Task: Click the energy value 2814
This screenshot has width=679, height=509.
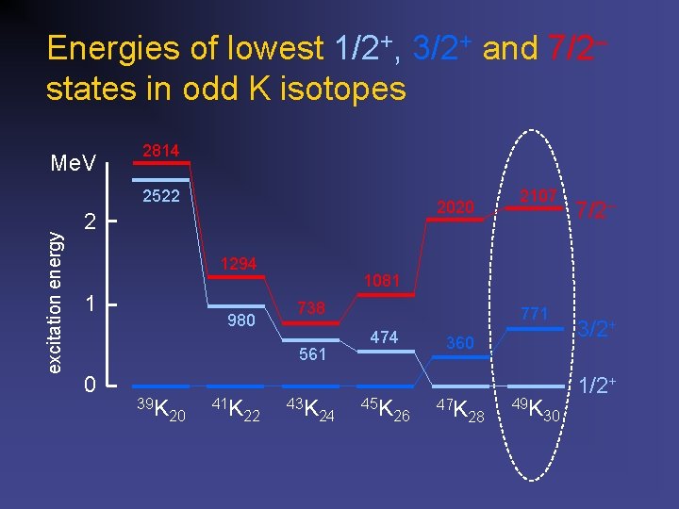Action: point(160,151)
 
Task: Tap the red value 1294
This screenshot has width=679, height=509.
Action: point(239,264)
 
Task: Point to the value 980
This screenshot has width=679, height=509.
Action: point(241,321)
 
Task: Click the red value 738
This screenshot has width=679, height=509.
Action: point(311,308)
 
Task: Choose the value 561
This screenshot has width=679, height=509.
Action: point(312,354)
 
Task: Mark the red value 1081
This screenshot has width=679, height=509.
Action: point(384,281)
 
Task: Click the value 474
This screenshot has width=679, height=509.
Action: point(384,337)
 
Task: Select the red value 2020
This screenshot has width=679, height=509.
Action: point(455,206)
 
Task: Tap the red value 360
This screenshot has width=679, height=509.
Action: point(460,343)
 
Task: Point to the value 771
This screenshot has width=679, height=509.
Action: point(534,314)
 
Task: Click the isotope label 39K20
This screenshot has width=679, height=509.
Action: point(161,409)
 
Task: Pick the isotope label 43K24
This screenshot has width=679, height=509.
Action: point(312,410)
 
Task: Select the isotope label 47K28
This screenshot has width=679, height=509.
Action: point(460,410)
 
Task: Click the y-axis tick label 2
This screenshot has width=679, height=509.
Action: point(90,223)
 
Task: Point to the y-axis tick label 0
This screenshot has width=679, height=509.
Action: point(90,385)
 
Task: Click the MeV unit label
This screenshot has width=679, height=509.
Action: point(73,165)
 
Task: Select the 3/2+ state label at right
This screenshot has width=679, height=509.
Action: point(597,329)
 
